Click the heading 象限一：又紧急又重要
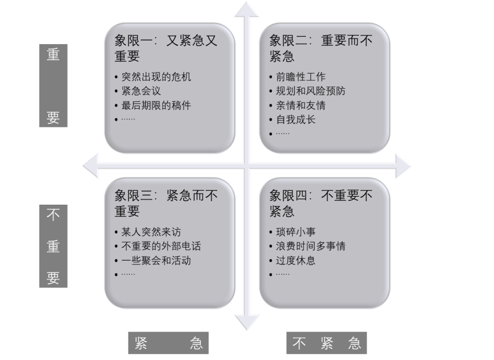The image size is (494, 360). [166, 48]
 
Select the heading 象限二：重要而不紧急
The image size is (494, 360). [320, 48]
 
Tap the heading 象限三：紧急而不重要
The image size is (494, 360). [166, 203]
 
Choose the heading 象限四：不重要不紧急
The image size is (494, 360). [320, 203]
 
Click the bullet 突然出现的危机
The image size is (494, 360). [156, 77]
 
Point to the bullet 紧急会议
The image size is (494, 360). [141, 91]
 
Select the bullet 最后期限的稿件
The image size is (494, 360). [156, 105]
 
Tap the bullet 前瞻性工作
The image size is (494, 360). [300, 77]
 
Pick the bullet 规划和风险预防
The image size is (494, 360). [311, 91]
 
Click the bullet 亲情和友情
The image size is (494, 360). [300, 105]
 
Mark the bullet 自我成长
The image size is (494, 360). [296, 120]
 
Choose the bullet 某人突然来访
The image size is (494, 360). [151, 232]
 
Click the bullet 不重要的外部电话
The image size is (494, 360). [161, 246]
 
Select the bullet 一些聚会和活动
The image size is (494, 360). [156, 260]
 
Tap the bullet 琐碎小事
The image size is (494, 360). [296, 232]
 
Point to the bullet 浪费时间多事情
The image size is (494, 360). [311, 246]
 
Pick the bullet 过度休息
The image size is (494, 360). [296, 260]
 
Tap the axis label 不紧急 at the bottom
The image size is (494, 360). [327, 344]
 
